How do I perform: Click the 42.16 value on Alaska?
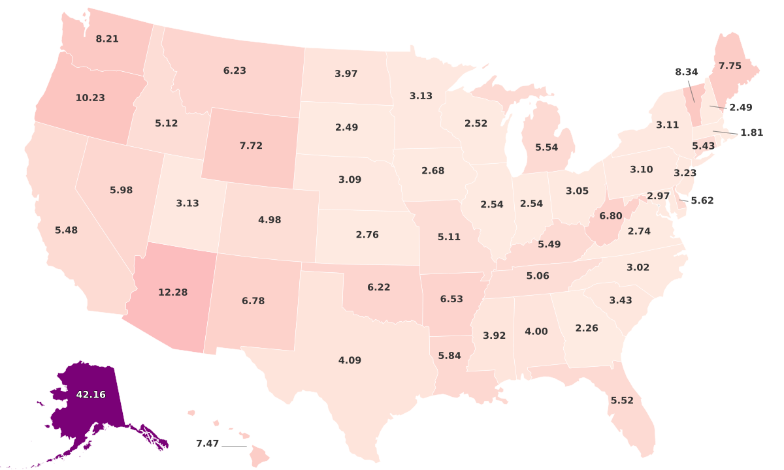click(x=90, y=394)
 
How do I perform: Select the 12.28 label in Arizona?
click(x=172, y=292)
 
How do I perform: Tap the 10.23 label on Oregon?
click(x=90, y=98)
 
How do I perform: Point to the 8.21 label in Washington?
click(x=107, y=39)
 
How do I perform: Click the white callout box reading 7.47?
click(x=207, y=444)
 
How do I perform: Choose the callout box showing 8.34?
click(x=687, y=72)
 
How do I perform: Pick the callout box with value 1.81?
click(x=751, y=133)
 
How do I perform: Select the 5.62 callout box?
click(x=702, y=200)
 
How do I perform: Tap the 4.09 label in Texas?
click(x=350, y=360)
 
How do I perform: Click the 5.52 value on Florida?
click(x=621, y=400)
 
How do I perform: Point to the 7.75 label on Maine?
click(x=730, y=66)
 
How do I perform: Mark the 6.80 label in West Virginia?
click(x=611, y=215)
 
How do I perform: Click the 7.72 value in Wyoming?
click(x=251, y=146)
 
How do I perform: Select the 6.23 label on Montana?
click(x=235, y=70)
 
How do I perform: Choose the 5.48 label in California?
click(x=66, y=230)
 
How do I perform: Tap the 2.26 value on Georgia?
click(x=586, y=328)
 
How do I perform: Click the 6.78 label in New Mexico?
click(x=253, y=301)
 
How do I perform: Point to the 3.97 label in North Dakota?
click(x=346, y=74)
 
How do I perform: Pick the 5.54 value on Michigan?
click(x=546, y=148)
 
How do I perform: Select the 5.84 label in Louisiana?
click(x=449, y=355)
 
